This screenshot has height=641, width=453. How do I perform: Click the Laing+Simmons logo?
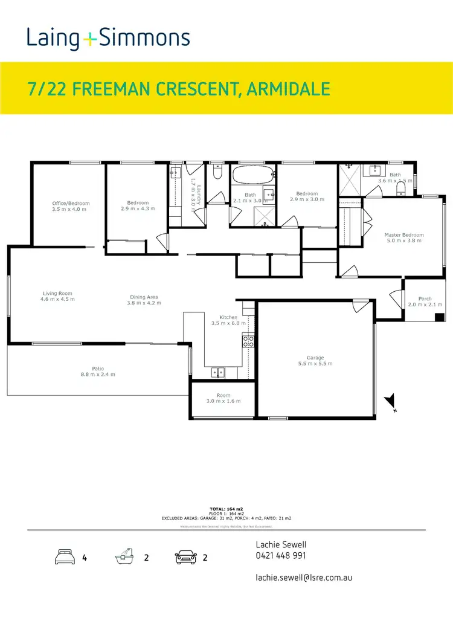[108, 39]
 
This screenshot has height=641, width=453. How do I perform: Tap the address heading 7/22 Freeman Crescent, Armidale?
[179, 90]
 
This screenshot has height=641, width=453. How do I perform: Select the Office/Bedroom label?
[71, 204]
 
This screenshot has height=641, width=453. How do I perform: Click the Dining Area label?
[144, 297]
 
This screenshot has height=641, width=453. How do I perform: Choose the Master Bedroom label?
[404, 235]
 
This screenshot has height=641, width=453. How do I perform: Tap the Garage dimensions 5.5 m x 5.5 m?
[315, 364]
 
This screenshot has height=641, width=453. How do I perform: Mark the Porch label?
[425, 298]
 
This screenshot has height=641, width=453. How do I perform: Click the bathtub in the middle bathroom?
[252, 176]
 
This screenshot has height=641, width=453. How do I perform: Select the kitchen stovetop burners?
[248, 343]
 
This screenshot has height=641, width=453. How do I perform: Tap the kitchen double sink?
[219, 372]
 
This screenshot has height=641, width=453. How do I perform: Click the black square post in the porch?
[440, 317]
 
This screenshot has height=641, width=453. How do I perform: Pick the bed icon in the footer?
[65, 557]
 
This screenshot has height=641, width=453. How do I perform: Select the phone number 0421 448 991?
[281, 556]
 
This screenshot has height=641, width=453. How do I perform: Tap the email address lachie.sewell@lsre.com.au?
[304, 577]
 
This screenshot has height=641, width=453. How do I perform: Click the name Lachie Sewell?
[281, 544]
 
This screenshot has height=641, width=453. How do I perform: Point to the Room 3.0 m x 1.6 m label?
[223, 398]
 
